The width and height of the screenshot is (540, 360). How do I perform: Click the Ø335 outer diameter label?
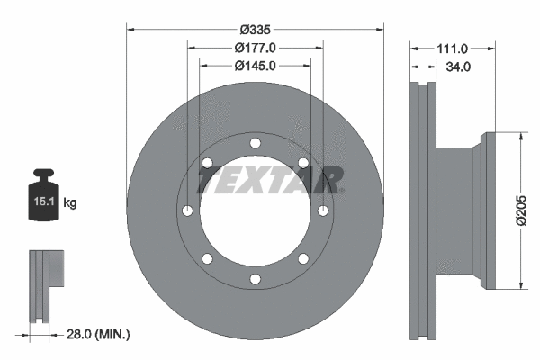click(x=255, y=29)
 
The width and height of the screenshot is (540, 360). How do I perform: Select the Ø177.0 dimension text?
click(x=255, y=47)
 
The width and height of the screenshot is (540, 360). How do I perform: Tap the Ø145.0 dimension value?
click(x=255, y=66)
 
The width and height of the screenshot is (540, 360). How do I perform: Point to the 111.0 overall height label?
click(x=452, y=49)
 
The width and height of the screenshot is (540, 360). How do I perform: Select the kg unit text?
click(x=70, y=203)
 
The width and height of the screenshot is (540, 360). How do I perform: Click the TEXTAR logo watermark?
click(x=269, y=181)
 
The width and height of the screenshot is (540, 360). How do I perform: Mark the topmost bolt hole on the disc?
click(x=255, y=143)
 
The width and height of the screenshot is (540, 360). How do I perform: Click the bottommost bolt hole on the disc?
click(x=255, y=278)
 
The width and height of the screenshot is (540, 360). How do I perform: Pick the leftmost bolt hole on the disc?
click(x=187, y=211)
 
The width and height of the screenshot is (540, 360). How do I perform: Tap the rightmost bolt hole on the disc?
click(x=322, y=211)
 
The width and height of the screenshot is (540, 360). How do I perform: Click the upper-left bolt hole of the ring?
click(x=207, y=163)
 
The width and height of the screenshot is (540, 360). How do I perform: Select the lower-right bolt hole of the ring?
click(x=302, y=258)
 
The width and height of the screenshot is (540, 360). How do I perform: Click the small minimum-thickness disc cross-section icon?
click(x=46, y=285)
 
